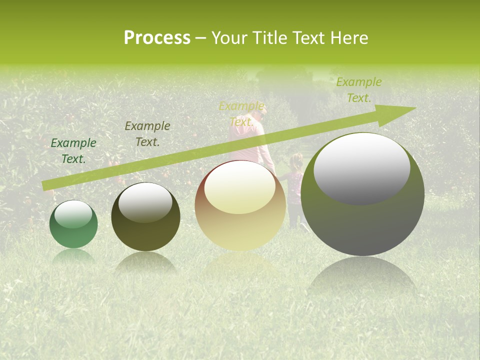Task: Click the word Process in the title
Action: [x=157, y=38]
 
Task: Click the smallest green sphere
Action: [x=73, y=224]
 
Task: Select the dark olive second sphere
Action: [x=145, y=217]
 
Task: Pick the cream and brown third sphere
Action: [x=240, y=206]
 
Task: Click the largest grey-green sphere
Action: [x=362, y=194]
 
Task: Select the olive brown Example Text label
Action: [x=147, y=134]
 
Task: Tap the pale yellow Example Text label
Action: [x=241, y=114]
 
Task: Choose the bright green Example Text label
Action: [x=358, y=90]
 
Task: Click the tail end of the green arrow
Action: [x=45, y=186]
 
